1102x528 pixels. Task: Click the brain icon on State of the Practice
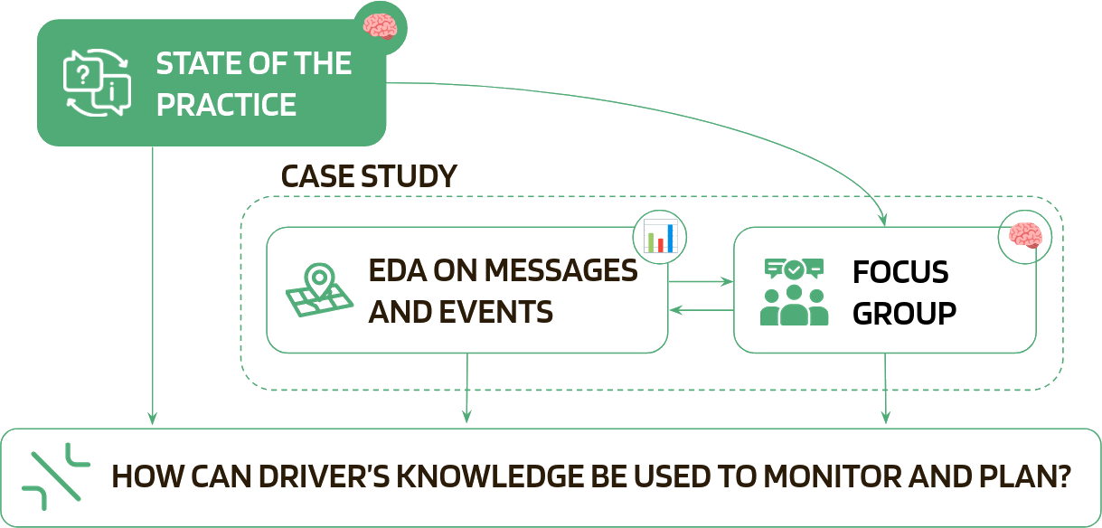click(379, 25)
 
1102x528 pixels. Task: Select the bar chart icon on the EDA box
click(659, 236)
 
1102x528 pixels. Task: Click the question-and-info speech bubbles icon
click(94, 84)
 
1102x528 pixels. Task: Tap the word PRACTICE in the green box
click(226, 105)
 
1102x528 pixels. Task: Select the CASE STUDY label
click(369, 176)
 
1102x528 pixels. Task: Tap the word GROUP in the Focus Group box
click(905, 313)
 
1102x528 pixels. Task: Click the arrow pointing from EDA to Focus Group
click(702, 282)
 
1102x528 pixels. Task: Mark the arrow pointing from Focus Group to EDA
click(702, 311)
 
